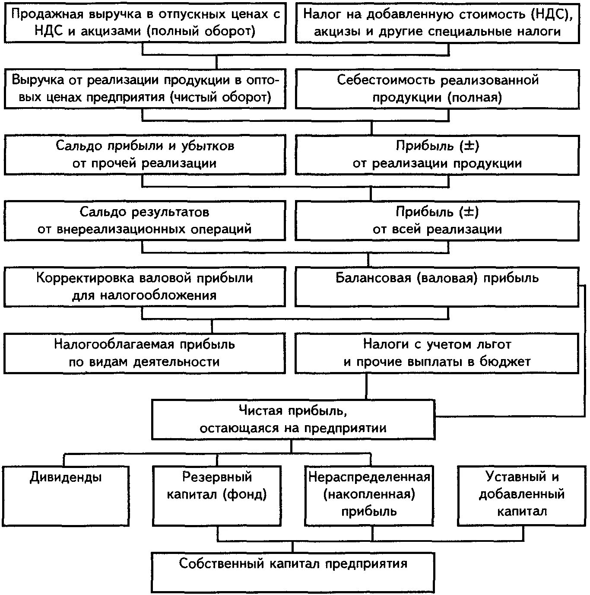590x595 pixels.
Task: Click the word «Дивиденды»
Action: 66,477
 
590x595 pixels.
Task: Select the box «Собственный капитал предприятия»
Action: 293,572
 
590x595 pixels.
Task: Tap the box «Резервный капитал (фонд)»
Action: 217,495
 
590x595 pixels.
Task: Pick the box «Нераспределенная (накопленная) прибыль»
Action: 369,495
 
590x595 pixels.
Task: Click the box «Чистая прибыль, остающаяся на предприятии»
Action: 293,420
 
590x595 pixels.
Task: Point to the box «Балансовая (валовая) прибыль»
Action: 437,287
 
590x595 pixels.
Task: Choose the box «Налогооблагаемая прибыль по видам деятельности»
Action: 145,353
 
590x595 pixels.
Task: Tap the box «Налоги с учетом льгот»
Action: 437,353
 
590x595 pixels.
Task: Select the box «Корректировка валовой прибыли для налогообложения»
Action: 145,287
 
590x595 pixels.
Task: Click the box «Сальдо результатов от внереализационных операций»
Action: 145,221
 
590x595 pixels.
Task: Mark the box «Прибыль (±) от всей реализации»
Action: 437,221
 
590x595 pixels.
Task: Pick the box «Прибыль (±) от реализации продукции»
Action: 437,155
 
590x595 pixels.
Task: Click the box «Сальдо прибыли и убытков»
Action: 145,155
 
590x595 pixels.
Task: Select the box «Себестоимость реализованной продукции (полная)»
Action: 437,89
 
